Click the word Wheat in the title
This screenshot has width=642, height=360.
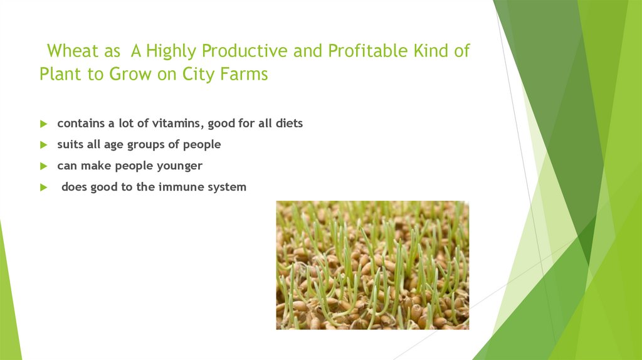70,51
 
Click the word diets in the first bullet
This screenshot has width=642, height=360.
288,124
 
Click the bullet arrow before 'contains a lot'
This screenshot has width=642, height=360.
43,124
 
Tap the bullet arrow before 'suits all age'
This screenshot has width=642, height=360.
43,145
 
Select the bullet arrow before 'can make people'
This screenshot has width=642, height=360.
43,166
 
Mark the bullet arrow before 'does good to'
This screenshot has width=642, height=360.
43,188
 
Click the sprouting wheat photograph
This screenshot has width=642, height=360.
372,265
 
